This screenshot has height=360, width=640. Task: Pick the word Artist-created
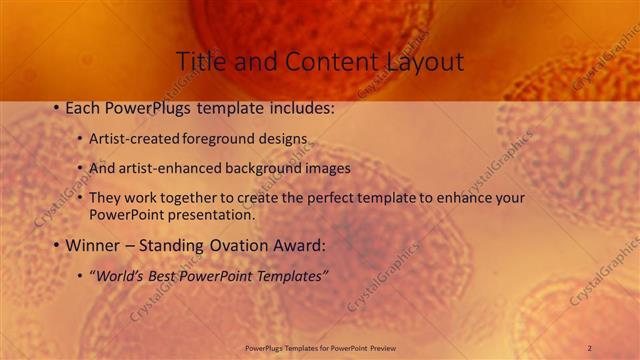(132, 140)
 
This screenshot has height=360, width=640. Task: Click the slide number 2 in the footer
(589, 347)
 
